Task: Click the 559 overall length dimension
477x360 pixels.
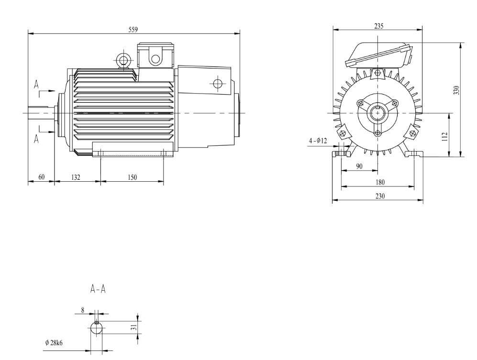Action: coord(133,30)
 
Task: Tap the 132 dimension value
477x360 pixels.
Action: coord(76,177)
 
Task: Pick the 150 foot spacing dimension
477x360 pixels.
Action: coord(132,177)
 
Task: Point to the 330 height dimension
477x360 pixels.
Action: coord(457,90)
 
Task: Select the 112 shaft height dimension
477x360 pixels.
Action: coord(445,135)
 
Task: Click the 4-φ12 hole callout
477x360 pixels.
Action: coord(317,141)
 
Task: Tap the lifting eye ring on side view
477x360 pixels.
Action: coord(123,60)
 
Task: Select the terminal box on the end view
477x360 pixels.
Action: coord(378,55)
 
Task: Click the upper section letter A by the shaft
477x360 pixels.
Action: coord(36,85)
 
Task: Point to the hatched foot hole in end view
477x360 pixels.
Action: coord(339,153)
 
